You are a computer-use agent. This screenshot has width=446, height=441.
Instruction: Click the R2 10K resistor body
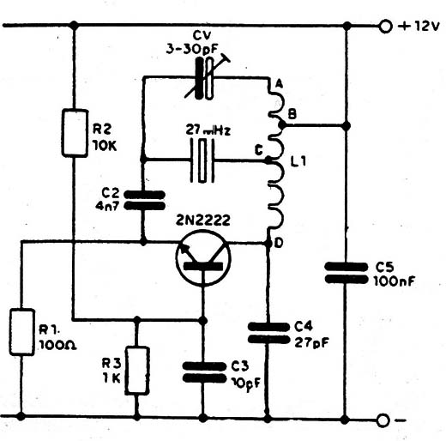[75, 133]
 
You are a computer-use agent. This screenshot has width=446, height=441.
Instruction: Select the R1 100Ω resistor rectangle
[22, 332]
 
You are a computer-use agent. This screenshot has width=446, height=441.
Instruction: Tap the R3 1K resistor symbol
[137, 371]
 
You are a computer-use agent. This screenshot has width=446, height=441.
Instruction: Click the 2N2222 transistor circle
[203, 257]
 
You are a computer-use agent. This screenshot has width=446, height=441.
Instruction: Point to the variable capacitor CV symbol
[207, 78]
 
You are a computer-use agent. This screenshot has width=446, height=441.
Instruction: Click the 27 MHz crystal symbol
[202, 160]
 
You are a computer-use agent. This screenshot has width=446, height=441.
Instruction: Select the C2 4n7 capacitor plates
[144, 201]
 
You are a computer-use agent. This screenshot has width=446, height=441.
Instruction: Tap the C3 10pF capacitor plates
[204, 372]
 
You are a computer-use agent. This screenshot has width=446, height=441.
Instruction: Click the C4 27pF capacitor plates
[268, 333]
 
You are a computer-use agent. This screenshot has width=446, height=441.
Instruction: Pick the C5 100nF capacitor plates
[347, 273]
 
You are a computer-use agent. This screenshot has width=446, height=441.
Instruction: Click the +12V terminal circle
[385, 27]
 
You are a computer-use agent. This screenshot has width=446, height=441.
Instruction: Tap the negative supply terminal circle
[383, 420]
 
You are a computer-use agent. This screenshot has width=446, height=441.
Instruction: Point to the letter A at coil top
[279, 84]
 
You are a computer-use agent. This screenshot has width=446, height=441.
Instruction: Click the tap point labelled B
[282, 124]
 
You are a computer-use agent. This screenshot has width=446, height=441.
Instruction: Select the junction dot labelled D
[268, 244]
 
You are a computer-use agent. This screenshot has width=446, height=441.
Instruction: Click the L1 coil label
[298, 161]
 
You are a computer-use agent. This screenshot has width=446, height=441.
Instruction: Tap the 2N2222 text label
[203, 220]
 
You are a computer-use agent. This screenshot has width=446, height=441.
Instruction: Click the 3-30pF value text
[192, 50]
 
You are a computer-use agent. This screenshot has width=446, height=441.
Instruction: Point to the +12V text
[419, 27]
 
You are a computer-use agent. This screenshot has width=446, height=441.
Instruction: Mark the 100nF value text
[395, 281]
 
